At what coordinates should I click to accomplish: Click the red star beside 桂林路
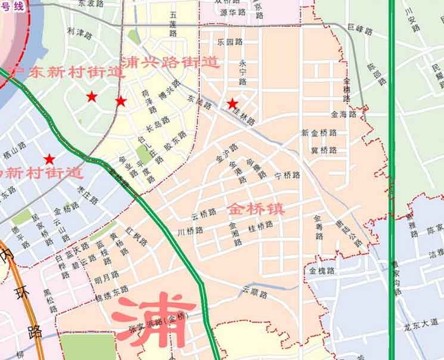(x=232, y=104)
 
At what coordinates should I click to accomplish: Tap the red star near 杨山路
(x=49, y=160)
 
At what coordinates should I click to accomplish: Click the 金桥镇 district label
(x=255, y=209)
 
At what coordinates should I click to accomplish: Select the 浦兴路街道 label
(x=170, y=62)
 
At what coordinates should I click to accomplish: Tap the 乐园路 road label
(x=230, y=42)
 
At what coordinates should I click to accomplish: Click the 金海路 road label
(x=343, y=114)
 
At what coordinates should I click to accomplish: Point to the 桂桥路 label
(x=260, y=225)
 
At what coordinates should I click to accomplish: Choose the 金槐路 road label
(x=321, y=271)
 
